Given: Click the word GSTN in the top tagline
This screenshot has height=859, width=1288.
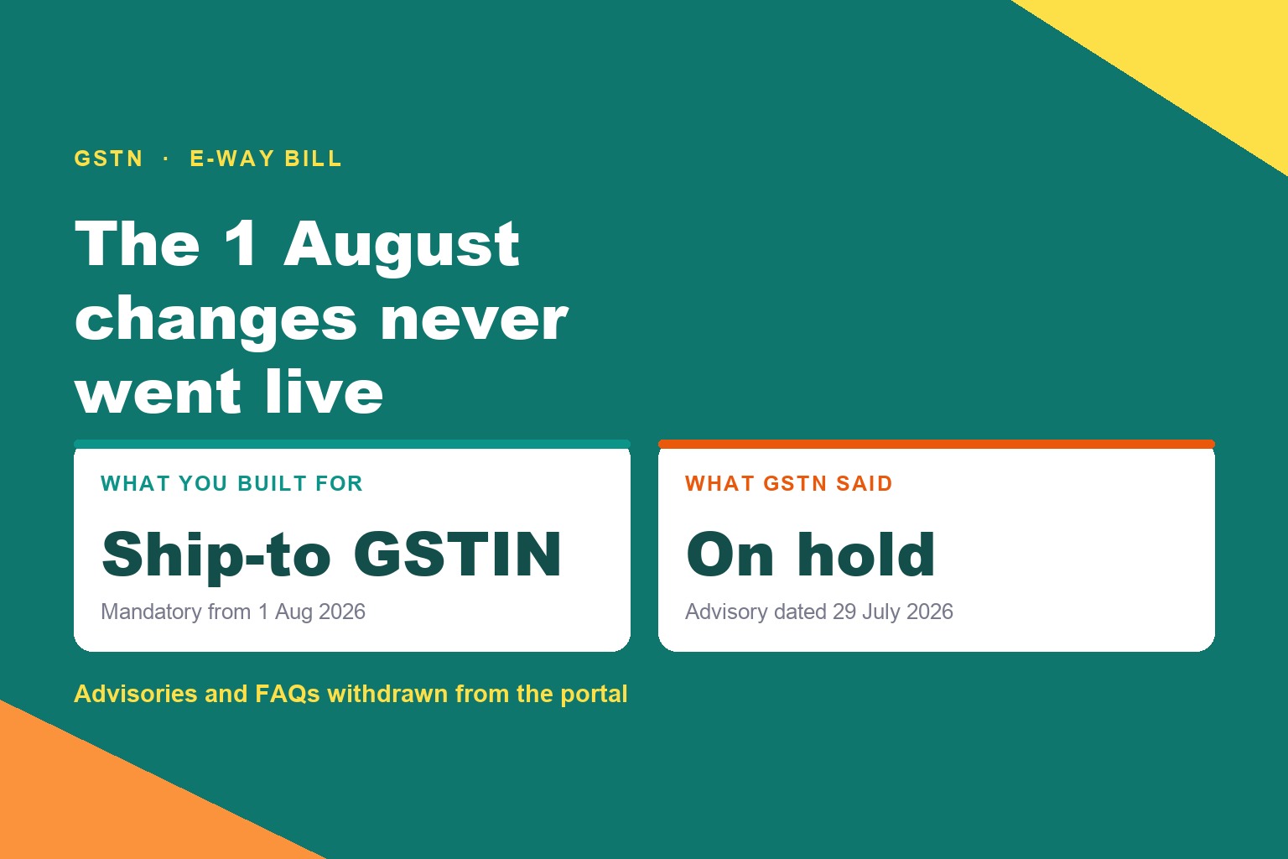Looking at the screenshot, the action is coord(109,159).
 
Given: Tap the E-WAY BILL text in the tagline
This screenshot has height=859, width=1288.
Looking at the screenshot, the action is coord(266,159).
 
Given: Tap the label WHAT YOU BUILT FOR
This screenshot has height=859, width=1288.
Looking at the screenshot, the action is coord(231,483).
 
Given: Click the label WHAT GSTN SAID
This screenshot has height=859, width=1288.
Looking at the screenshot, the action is coord(789,483).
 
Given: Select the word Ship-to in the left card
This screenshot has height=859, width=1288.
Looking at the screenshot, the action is coord(216,556).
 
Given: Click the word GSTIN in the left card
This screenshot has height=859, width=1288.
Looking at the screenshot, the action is coord(458,554).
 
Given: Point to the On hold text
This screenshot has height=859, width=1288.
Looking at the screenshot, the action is coord(810,554).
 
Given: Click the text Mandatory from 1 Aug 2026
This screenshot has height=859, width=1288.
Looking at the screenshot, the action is coord(233,612).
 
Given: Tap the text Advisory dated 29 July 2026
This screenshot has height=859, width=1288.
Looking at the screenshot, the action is coord(818,612).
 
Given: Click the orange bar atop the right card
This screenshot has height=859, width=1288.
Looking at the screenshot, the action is coord(936,444).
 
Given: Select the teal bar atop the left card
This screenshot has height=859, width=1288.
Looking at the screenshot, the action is coord(352,444).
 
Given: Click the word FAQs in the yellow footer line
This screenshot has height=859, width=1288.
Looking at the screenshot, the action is coord(287,694).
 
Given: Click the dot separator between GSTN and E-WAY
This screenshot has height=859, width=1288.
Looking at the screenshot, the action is coord(166,159).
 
